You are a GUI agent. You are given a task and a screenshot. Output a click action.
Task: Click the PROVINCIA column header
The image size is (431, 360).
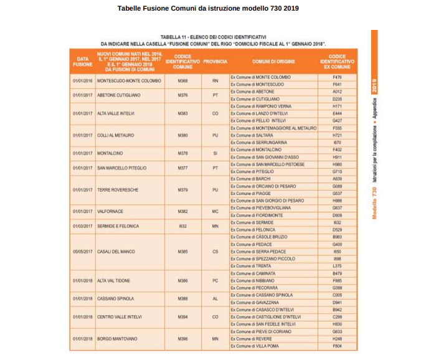click(215, 62)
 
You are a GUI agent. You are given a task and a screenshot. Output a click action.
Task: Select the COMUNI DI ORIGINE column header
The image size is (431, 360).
click(273, 62)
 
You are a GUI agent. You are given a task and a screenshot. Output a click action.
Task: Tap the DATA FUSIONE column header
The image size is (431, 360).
click(82, 62)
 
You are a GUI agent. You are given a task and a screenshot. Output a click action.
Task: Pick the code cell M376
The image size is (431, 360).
click(182, 95)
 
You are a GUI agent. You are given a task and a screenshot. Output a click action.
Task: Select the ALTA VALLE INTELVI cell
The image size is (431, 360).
click(118, 113)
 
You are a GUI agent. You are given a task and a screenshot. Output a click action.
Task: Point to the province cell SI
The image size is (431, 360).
click(215, 153)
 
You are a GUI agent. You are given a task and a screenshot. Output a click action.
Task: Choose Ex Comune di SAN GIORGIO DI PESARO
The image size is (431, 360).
click(267, 201)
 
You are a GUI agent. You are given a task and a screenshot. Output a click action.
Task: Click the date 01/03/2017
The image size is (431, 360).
click(82, 226)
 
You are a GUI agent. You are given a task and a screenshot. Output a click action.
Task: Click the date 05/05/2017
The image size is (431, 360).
click(82, 252)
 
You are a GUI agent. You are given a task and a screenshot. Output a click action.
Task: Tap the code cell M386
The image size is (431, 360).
click(182, 280)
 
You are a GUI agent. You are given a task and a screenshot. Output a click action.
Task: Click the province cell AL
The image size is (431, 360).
click(215, 298)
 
